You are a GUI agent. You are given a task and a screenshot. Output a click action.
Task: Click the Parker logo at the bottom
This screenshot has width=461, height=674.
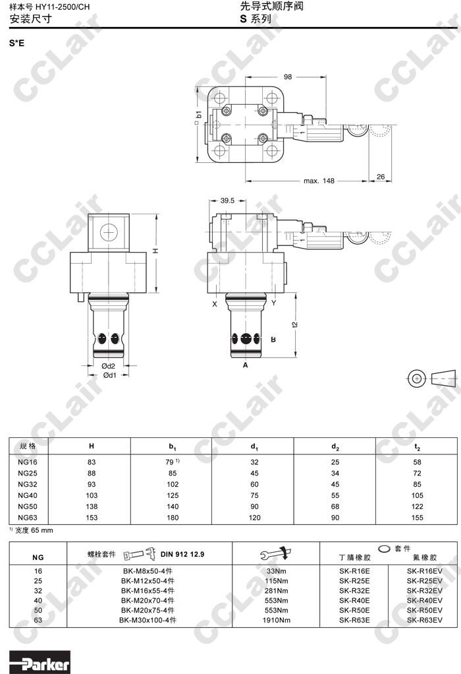(x=40, y=662)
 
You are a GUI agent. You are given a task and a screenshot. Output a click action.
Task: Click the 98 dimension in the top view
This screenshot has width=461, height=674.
(x=288, y=77)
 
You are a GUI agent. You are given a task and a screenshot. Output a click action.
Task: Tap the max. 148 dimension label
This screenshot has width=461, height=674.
(x=319, y=181)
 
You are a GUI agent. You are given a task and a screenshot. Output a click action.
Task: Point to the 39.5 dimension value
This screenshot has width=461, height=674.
(x=227, y=200)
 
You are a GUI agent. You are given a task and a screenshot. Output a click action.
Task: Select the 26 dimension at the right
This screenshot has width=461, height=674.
(x=381, y=177)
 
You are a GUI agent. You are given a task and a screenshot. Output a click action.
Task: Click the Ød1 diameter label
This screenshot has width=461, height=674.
(x=109, y=375)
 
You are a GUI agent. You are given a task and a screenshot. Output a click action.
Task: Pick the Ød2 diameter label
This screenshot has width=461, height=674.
(x=108, y=366)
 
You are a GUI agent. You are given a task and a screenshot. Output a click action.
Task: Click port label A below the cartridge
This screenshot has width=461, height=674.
(x=246, y=365)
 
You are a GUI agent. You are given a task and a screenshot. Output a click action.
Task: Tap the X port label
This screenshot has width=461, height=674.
(x=215, y=304)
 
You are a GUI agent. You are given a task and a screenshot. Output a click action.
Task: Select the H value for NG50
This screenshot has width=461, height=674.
(x=92, y=506)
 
